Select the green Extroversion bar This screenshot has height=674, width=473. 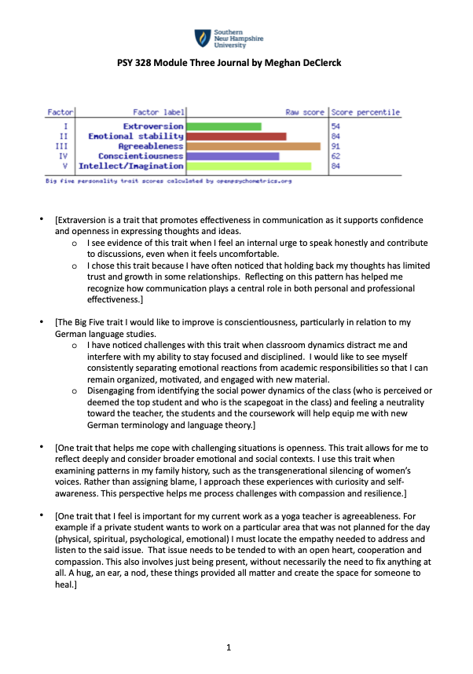224,126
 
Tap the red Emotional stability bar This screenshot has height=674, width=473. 236,137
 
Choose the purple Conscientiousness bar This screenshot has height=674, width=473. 233,156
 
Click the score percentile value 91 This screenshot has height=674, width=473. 335,146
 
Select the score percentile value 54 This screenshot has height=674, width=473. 335,126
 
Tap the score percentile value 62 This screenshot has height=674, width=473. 335,156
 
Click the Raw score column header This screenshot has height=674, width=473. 305,113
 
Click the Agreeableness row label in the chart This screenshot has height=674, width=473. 151,146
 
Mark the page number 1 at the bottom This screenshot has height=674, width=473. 228,648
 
